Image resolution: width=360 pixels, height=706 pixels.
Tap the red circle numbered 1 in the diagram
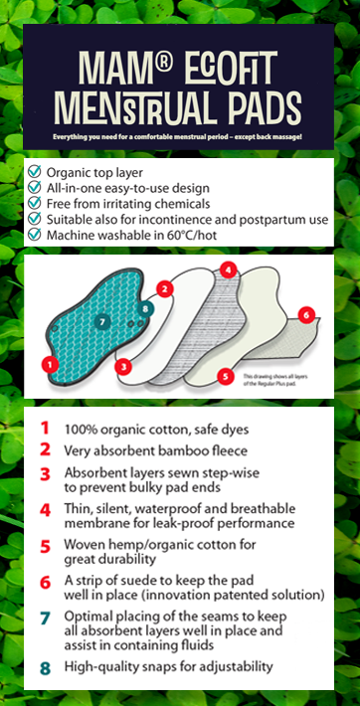tap(47, 366)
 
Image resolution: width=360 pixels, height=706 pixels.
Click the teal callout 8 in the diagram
tap(146, 308)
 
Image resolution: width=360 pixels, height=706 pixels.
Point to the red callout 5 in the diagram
tap(226, 377)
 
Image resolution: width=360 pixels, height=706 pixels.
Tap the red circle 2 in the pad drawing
tap(167, 288)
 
